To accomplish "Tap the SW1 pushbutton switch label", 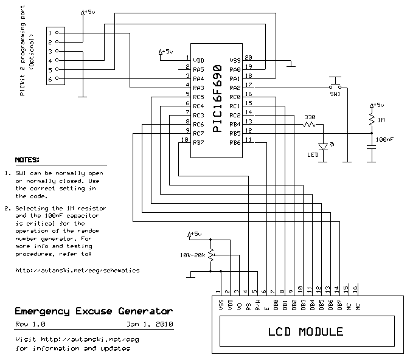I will click(335, 95).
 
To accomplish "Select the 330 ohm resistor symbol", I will click(310, 125).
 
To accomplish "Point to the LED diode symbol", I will click(324, 147).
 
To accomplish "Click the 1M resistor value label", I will click(381, 120).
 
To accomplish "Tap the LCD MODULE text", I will click(306, 332).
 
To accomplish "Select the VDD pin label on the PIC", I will click(198, 60).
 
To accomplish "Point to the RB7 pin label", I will click(198, 142).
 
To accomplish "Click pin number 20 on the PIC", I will click(248, 57).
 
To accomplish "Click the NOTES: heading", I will click(27, 161).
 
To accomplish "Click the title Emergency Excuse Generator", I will click(89, 311).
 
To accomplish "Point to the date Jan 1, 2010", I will click(150, 324).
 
